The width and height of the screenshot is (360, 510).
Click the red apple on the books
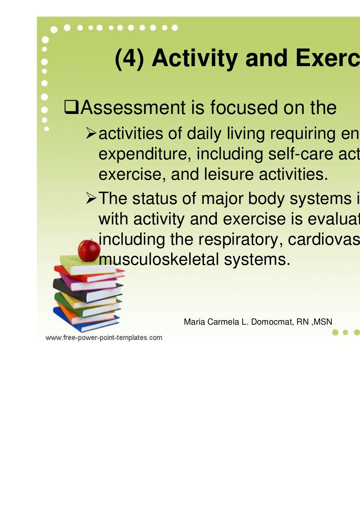89,250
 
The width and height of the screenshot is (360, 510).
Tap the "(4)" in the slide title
129,58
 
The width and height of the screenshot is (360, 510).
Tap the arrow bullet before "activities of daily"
91,133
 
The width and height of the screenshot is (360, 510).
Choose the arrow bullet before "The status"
91,198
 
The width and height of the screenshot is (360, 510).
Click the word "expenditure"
145,154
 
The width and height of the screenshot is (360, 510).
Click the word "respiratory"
238,239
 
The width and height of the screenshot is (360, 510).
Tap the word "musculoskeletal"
159,259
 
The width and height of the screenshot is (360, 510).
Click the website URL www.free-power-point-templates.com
104,338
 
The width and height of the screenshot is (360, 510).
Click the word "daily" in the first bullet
204,134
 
